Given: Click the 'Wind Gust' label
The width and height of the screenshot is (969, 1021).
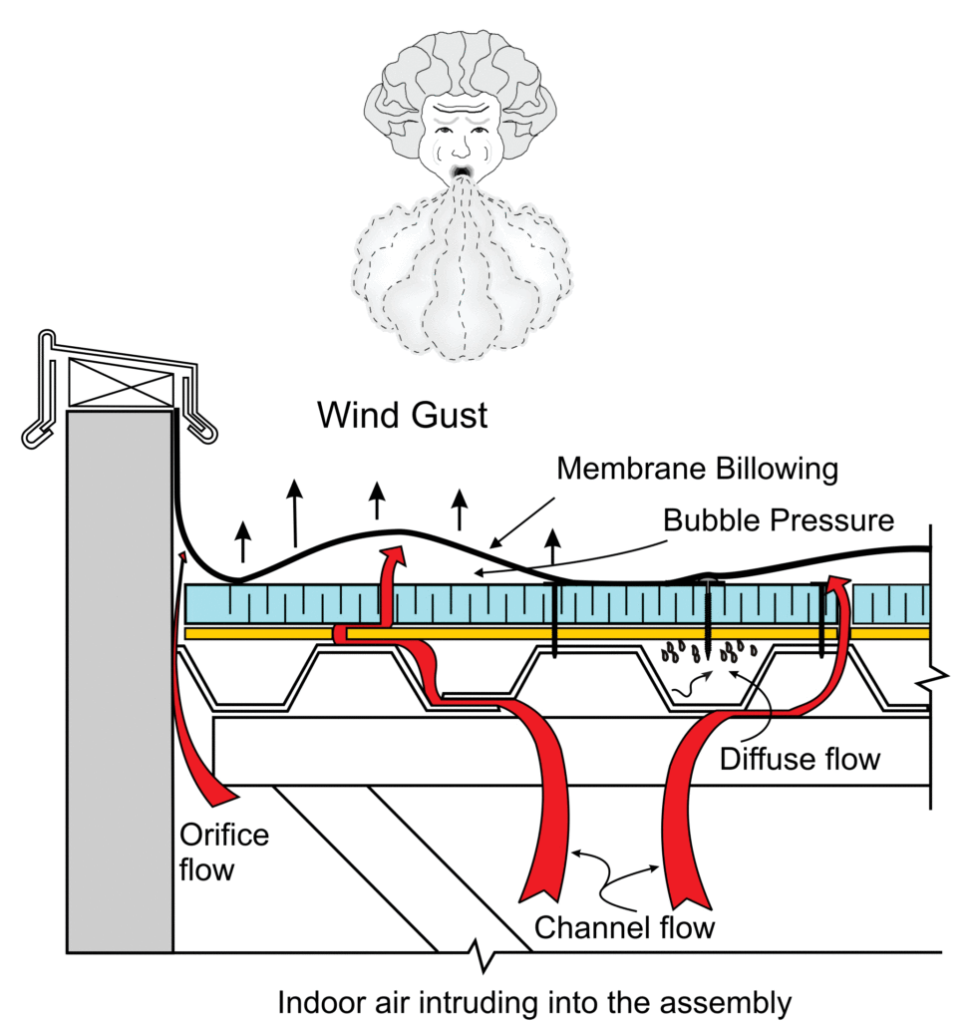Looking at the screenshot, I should (403, 415).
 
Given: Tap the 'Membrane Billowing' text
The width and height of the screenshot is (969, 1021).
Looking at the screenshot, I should (697, 469).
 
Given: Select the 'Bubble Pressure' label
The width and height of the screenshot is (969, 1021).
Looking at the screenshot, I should (779, 519).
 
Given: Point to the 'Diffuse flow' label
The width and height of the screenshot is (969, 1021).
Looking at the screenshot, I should (801, 759).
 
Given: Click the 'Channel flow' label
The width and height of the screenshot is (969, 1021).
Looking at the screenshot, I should (625, 927).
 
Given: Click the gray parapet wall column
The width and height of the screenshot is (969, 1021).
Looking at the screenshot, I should (119, 678).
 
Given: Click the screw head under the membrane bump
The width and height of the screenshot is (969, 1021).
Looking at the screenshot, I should (707, 580).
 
